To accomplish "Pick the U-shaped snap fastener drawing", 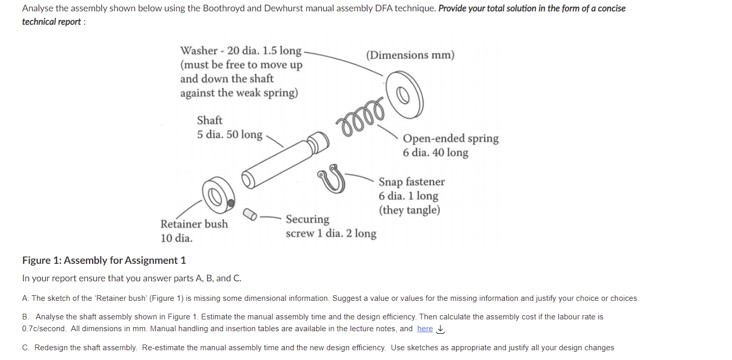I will click(332, 177).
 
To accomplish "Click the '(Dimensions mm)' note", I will click(410, 55).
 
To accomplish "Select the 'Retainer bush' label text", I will click(194, 224).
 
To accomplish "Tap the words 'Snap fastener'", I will click(411, 182).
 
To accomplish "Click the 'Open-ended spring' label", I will click(450, 138).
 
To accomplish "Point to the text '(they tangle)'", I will click(409, 210).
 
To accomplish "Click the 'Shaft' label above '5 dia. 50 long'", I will click(210, 120).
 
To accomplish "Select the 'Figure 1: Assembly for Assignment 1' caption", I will click(104, 260).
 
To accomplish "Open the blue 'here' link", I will click(425, 329).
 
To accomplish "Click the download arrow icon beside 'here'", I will click(440, 329).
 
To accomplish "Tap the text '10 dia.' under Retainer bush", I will click(176, 238).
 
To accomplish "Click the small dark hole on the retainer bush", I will click(231, 202).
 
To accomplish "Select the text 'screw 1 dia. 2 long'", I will click(331, 233).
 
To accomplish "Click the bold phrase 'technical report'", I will click(51, 22).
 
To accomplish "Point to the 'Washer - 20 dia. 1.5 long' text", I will click(241, 50).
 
